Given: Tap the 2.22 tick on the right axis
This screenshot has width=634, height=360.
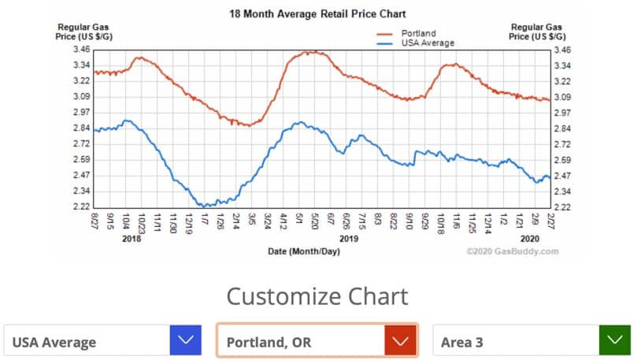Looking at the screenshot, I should [x=562, y=207].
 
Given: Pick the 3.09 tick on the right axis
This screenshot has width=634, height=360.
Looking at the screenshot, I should [x=562, y=97].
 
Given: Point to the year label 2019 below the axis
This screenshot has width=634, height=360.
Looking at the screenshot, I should [x=349, y=238].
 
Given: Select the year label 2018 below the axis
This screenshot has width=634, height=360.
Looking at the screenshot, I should [x=131, y=238].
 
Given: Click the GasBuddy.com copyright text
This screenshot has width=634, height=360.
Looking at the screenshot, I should [x=512, y=252].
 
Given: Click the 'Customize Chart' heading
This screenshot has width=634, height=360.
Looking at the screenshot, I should [x=317, y=296].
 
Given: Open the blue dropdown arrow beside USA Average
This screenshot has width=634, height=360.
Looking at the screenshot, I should [x=186, y=341].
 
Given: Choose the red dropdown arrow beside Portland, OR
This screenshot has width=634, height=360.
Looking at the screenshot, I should [x=399, y=341].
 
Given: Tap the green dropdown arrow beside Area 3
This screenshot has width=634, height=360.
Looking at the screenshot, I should [x=614, y=341].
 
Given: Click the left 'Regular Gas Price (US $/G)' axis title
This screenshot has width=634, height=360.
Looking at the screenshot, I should [x=81, y=32].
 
